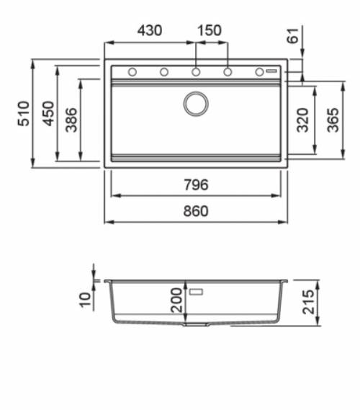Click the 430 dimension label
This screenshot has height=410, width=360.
[x=150, y=30]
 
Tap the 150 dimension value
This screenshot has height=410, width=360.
[x=210, y=30]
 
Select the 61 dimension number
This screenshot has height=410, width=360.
[x=292, y=35]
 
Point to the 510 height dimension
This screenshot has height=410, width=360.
[x=24, y=113]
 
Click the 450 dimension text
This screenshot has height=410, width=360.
[x=48, y=113]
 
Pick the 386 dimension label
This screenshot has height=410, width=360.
[x=71, y=120]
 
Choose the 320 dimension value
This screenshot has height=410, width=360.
[x=303, y=120]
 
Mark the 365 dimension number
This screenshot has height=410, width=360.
[x=333, y=120]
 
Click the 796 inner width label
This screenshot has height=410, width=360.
[x=196, y=184]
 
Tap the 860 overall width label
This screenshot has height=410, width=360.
[x=196, y=211]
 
